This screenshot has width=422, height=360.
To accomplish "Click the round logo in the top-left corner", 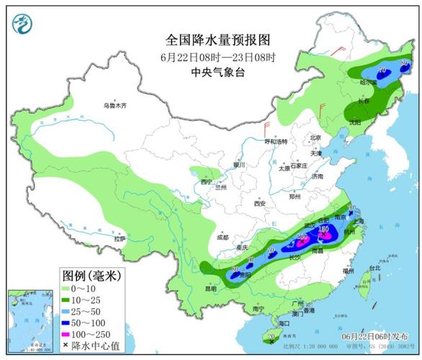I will pyautogui.click(x=24, y=27).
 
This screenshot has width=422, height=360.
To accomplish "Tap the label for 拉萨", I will pyautogui.click(x=120, y=238).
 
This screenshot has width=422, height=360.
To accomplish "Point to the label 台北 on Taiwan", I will pyautogui.click(x=374, y=269).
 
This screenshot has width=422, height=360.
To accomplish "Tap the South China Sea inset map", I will pyautogui.click(x=29, y=321).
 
